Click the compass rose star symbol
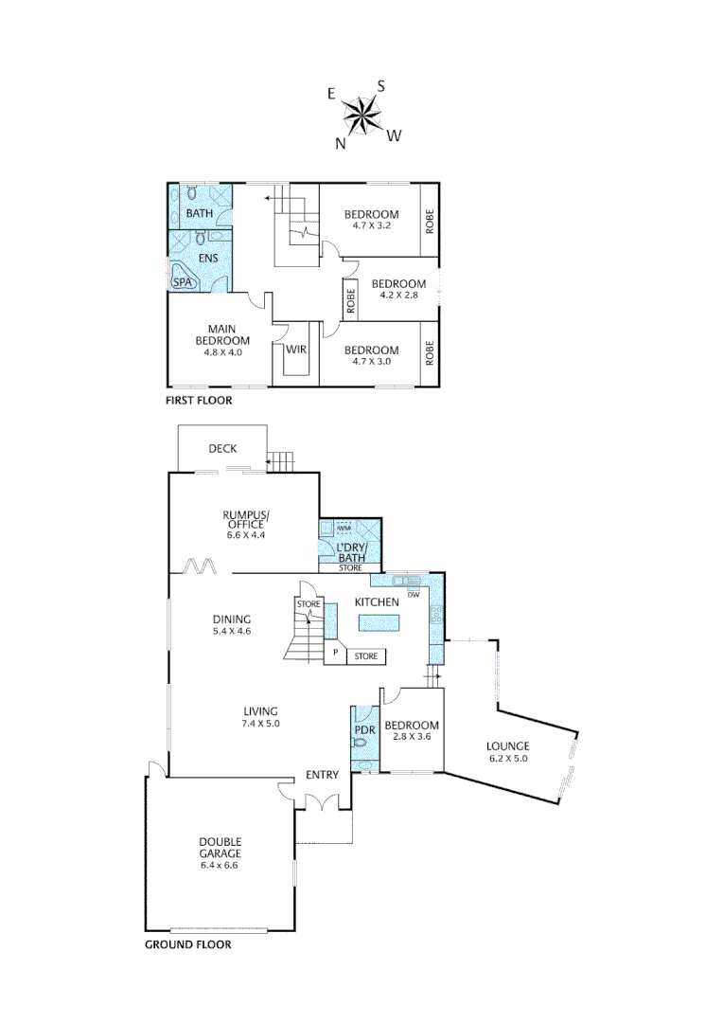point(361,117)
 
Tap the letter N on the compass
point(340,144)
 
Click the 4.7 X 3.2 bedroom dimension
point(371,227)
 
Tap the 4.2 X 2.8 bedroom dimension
point(398,296)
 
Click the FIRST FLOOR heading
point(199,401)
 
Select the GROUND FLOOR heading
point(187,944)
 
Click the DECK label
point(222,449)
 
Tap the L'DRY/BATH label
point(351,552)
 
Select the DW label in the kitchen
point(413,595)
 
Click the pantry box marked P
point(334,653)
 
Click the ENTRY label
point(322,775)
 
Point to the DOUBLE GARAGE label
point(220,847)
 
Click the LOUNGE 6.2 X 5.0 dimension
point(508,758)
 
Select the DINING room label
point(231,619)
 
